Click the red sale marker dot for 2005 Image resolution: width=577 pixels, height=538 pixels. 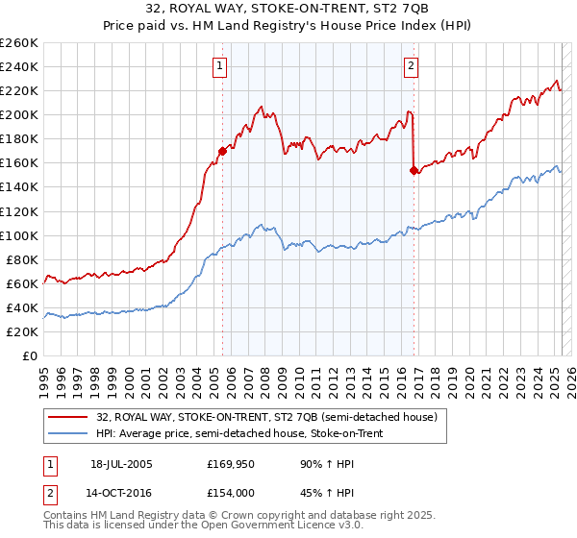(x=222, y=151)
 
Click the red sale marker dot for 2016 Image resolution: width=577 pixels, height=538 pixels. (x=414, y=170)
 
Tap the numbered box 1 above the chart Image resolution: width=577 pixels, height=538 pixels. (x=221, y=66)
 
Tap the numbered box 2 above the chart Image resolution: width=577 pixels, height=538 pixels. (x=411, y=66)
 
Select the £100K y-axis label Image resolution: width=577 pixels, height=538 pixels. (x=19, y=235)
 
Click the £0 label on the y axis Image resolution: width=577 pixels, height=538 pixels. (x=30, y=355)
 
